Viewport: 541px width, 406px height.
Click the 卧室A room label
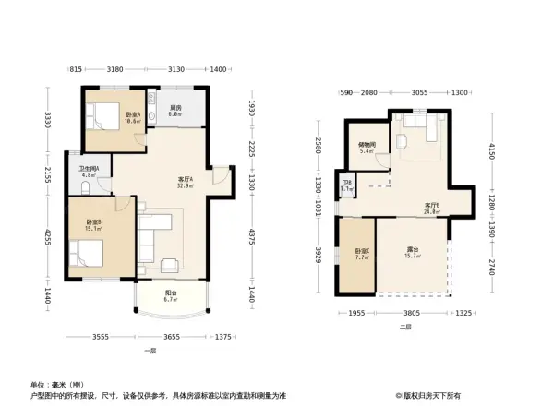[x=131, y=115]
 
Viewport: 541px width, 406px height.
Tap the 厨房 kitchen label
[x=174, y=110]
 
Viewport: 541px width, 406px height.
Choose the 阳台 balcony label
[x=169, y=295]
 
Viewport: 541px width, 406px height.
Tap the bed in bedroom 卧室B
[x=83, y=251]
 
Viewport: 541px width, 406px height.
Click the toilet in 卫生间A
[x=82, y=187]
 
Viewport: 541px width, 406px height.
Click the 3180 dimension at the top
[x=116, y=70]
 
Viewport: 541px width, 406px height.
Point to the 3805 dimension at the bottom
[x=412, y=313]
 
